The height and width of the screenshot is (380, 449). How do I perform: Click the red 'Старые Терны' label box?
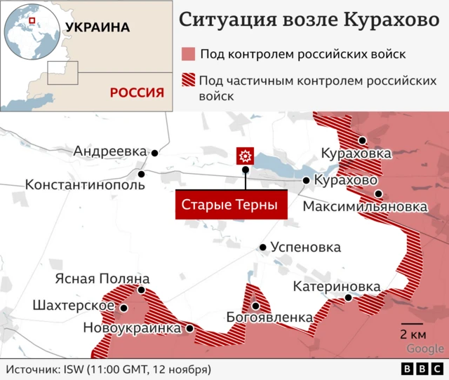click(231, 205)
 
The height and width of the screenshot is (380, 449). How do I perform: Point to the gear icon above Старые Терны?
click(245, 156)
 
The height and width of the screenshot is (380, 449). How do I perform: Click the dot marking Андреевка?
click(154, 152)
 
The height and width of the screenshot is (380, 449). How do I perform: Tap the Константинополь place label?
click(85, 185)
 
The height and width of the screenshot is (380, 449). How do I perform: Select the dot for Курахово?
click(307, 181)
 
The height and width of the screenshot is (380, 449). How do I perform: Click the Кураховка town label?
click(356, 153)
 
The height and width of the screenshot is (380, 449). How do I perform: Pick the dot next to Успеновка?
click(263, 247)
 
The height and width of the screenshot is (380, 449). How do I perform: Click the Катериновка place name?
click(337, 286)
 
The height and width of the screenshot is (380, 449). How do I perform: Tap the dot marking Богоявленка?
click(256, 306)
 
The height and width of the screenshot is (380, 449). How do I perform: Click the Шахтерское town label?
click(74, 306)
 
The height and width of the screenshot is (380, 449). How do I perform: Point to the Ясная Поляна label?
click(102, 278)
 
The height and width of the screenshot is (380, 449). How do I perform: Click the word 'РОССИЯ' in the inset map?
click(137, 92)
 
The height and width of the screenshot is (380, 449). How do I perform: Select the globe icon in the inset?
click(30, 30)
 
